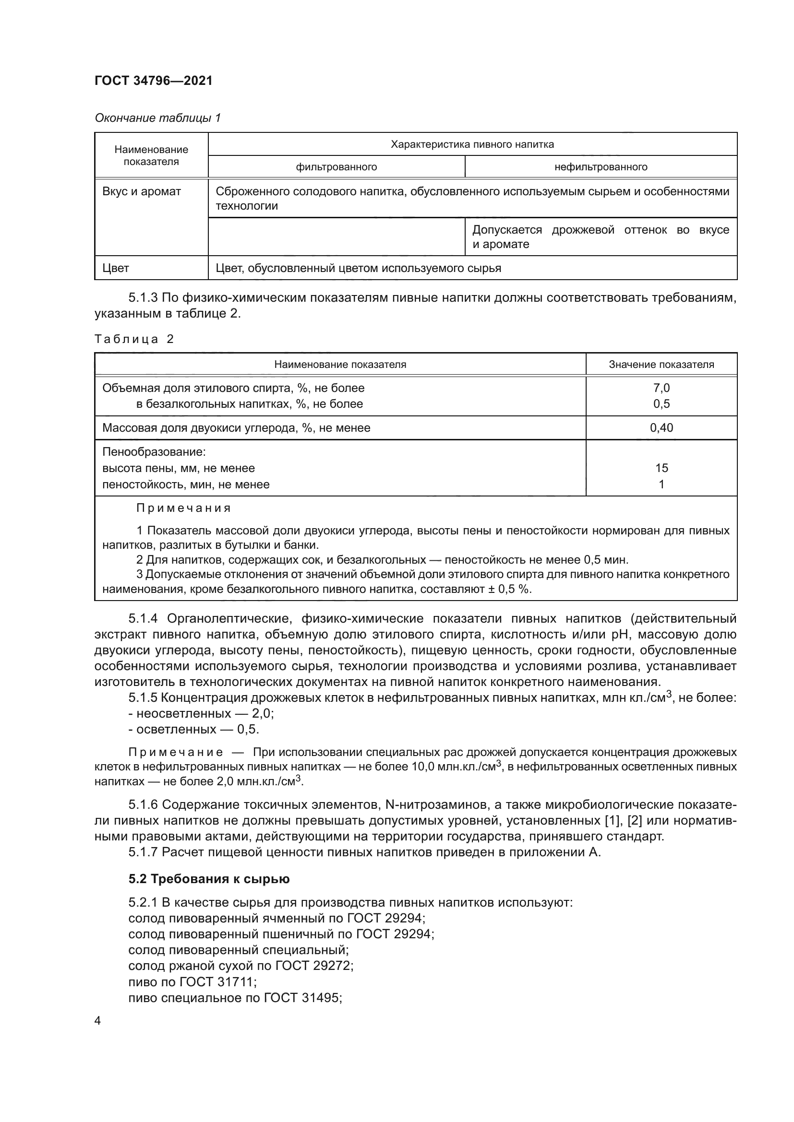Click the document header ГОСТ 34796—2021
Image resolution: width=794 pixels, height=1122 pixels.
[154, 81]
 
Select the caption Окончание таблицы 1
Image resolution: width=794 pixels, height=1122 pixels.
[157, 118]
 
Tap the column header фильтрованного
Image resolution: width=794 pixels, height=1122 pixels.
[337, 167]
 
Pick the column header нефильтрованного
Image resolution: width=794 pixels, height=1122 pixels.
[601, 167]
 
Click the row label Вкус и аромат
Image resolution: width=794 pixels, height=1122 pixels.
[141, 191]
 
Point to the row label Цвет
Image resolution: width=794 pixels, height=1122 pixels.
[116, 268]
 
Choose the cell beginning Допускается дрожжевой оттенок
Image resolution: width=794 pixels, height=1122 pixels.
[601, 237]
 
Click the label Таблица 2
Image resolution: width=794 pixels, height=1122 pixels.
[134, 339]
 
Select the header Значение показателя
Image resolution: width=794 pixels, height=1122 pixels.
[661, 365]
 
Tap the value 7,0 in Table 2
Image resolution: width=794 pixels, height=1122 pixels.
[661, 388]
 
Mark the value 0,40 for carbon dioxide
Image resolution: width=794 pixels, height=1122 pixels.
[661, 428]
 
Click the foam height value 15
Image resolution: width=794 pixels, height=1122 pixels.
[661, 468]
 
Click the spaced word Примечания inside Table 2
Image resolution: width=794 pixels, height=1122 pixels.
[183, 508]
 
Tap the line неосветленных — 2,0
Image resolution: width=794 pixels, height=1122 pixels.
[201, 713]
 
